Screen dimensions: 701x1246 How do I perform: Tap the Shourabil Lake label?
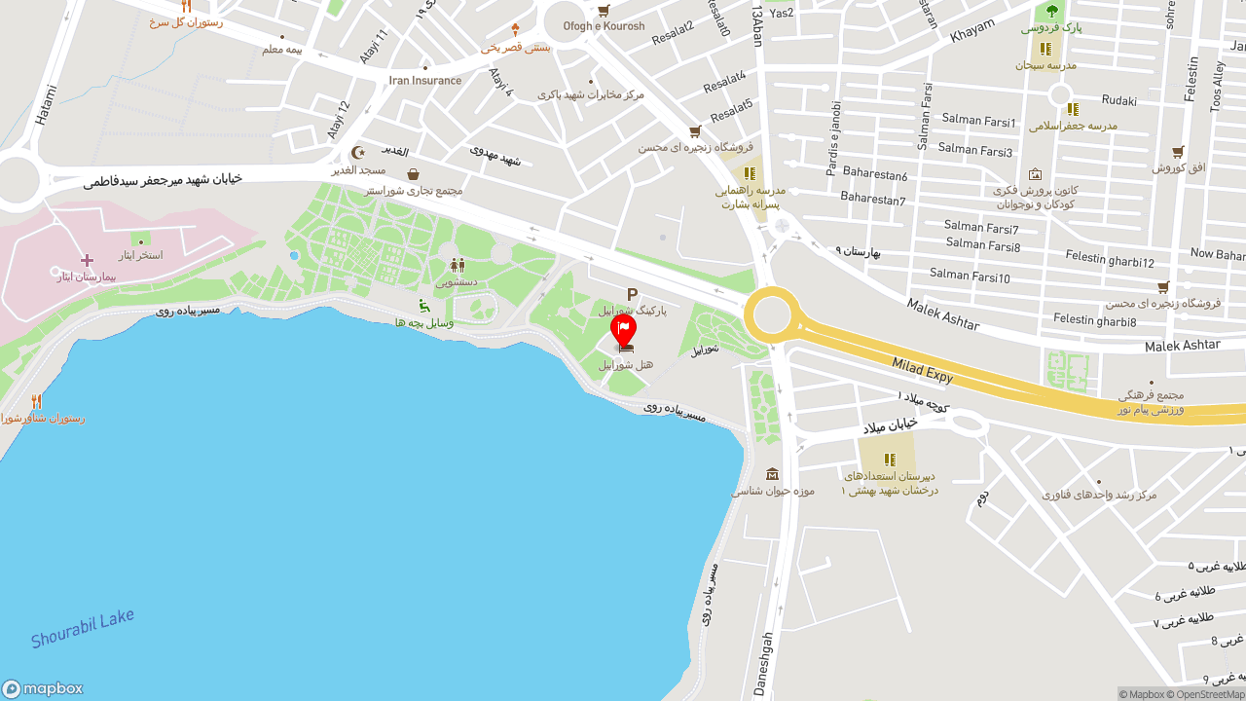82,628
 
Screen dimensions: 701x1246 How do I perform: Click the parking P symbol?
632,294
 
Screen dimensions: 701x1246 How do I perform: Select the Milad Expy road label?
923,370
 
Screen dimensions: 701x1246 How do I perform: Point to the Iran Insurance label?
425,81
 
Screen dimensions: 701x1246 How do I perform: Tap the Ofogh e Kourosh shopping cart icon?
604,11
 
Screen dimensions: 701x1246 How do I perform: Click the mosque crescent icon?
358,153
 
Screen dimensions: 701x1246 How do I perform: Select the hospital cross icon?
87,260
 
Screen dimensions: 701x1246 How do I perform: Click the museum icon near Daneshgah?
772,474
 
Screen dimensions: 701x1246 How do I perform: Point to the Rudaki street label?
1118,100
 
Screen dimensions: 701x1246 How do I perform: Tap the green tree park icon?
1050,11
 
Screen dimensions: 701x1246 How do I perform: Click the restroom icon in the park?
457,265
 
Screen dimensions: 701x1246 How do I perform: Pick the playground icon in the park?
424,306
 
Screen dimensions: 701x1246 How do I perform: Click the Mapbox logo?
42,688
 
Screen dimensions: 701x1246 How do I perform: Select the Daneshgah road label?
765,664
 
